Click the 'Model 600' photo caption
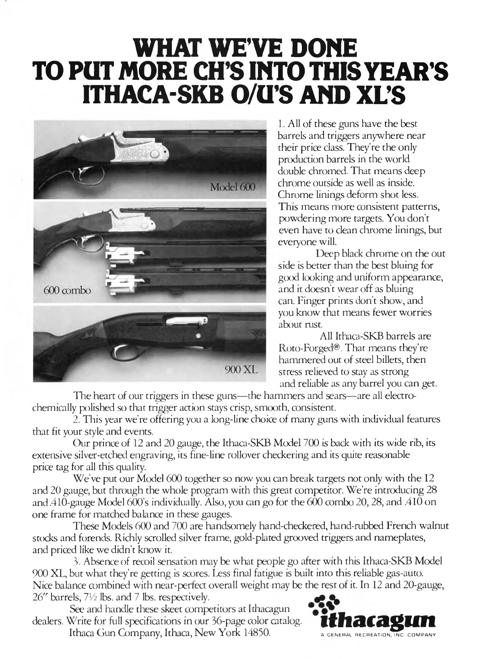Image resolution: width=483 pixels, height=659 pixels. click(x=231, y=188)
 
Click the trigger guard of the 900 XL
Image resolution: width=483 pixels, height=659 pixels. click(x=121, y=354)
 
